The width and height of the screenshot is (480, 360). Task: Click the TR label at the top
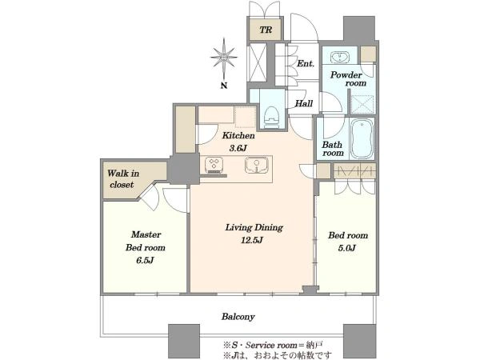point(266,30)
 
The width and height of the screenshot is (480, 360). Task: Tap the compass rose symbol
point(224,58)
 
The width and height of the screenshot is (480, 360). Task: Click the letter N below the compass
point(224,86)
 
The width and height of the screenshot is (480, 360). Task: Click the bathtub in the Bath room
point(362,138)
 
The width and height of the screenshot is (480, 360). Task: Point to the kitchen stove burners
point(214,163)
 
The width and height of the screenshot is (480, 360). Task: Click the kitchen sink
point(257,165)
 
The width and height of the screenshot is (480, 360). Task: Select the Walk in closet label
point(122,179)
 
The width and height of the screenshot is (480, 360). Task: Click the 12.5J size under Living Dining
point(252,240)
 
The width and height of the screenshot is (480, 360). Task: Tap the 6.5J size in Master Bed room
point(145,261)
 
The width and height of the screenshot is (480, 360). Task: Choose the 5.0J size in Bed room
point(347,248)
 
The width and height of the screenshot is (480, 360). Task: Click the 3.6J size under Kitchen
point(238,149)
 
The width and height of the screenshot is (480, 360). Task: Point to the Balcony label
point(238,317)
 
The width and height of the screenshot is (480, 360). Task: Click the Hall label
point(304,103)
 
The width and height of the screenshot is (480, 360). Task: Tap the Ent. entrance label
point(306,63)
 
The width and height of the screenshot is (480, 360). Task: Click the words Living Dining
point(254,228)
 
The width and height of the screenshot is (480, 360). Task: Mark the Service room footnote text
point(273,346)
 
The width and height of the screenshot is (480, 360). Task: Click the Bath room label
point(333,149)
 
